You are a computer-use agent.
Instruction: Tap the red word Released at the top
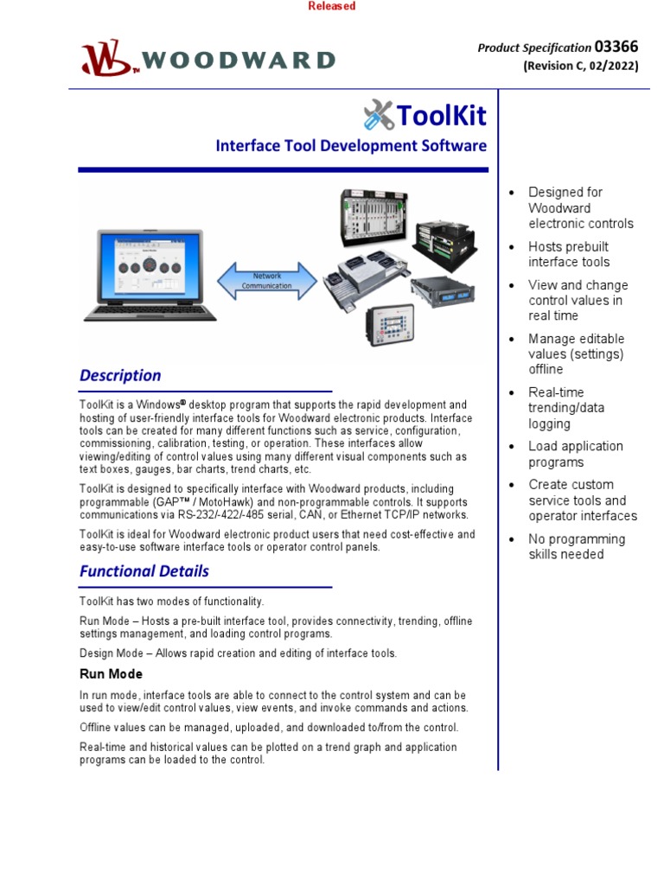tap(331, 6)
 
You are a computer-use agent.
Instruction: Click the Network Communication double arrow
tap(266, 280)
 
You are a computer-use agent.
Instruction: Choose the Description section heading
tap(120, 375)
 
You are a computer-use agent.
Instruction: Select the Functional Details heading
tap(144, 571)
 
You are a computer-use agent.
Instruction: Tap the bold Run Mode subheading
tap(111, 673)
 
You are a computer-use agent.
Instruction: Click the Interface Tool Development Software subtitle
tap(351, 146)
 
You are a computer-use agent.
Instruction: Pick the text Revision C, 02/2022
tap(580, 67)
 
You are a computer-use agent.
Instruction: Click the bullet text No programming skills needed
tap(576, 546)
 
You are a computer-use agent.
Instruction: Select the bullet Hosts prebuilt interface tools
tap(569, 254)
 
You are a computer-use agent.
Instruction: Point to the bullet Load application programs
tap(575, 454)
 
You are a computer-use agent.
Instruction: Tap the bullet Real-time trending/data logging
tap(566, 408)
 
